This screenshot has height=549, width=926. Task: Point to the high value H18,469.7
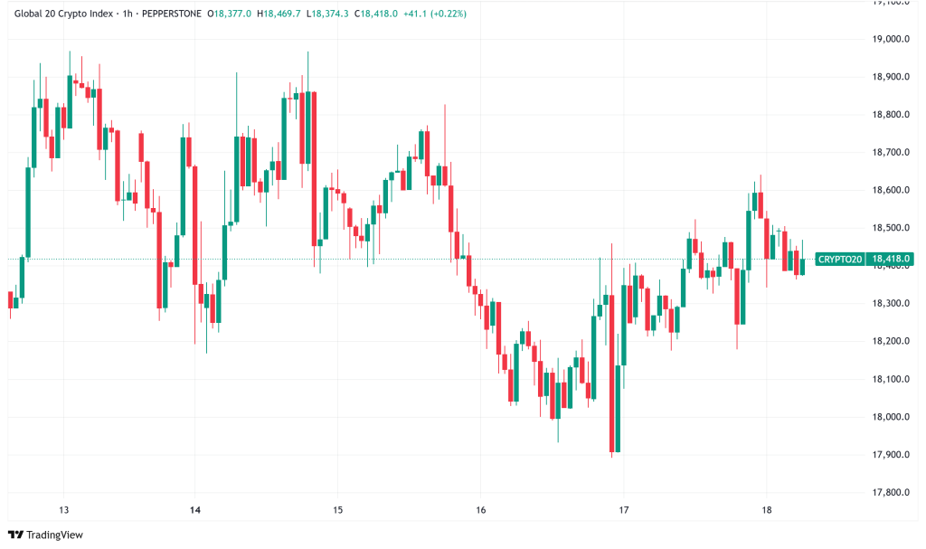[x=279, y=14]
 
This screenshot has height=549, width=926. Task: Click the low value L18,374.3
[x=328, y=14]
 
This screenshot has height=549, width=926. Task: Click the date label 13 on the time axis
[x=63, y=510]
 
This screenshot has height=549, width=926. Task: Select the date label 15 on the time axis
[x=337, y=510]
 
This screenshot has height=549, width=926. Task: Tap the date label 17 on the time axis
[x=623, y=510]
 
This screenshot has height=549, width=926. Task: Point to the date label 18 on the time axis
[x=766, y=510]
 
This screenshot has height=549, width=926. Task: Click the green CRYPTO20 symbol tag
[x=839, y=260]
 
